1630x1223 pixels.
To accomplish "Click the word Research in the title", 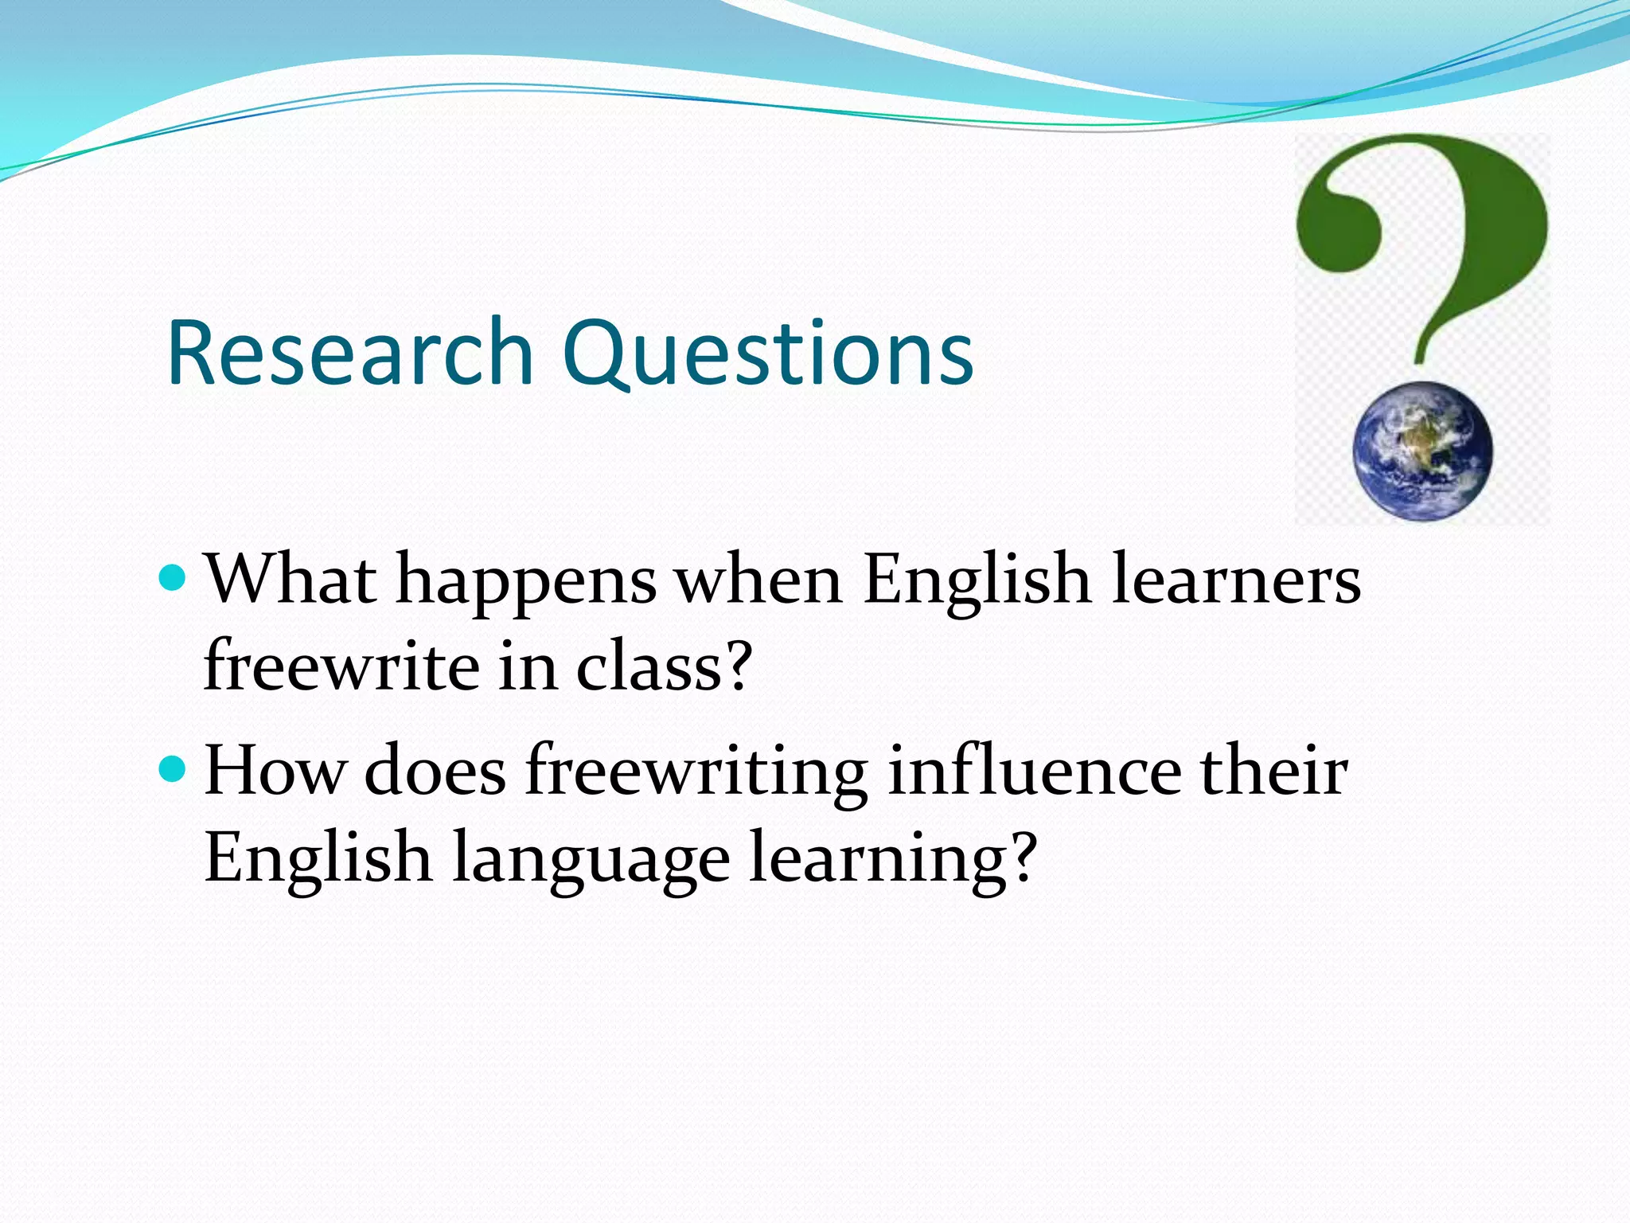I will (350, 353).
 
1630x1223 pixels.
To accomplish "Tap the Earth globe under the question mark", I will (1423, 451).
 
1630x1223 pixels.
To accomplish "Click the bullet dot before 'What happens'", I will (172, 576).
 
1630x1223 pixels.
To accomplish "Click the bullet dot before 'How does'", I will (172, 768).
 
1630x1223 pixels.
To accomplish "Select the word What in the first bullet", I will (291, 580).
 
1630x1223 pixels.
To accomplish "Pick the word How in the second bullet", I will (275, 771).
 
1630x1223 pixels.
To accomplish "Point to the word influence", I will (1034, 771).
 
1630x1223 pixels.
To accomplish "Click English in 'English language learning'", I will (318, 858).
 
